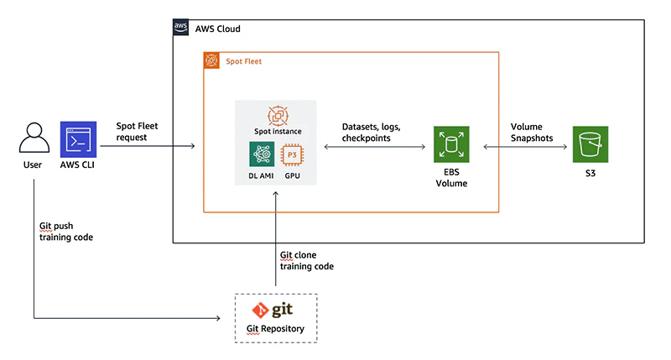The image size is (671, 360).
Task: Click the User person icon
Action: (x=33, y=138)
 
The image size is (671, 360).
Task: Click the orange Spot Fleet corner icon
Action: (x=212, y=61)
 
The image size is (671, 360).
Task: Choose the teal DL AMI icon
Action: (x=262, y=154)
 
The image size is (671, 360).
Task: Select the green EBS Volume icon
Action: (x=451, y=145)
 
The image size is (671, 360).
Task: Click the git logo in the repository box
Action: (x=274, y=310)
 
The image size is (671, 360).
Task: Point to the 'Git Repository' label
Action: (x=274, y=328)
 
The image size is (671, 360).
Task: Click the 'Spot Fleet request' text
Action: (x=137, y=132)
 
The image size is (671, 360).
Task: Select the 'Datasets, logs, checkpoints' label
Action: (x=372, y=133)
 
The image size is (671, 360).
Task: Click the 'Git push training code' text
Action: (x=66, y=232)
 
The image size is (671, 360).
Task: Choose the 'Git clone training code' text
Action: (x=306, y=260)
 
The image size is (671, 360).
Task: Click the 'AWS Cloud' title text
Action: (x=217, y=29)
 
